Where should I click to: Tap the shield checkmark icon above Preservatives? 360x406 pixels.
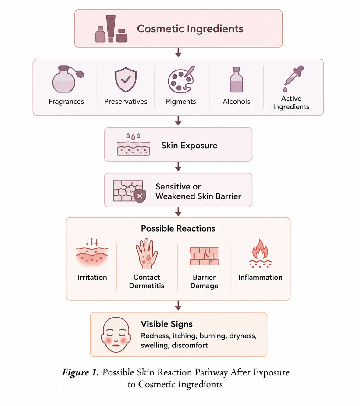126,80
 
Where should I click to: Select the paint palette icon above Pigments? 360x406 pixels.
181,79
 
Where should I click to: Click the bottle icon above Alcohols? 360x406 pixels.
236,80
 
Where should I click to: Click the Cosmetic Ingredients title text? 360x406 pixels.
190,29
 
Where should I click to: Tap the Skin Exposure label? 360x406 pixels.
189,146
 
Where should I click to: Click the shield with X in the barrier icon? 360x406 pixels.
140,196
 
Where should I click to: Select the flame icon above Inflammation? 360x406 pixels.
260,253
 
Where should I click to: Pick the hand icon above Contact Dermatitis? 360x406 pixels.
147,253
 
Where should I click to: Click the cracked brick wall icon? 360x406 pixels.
204,256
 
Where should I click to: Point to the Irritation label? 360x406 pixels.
92,277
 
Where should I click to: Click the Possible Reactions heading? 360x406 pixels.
178,228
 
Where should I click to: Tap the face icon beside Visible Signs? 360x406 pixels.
116,334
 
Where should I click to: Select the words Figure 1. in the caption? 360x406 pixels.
80,372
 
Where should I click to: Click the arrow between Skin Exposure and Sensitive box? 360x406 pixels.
178,166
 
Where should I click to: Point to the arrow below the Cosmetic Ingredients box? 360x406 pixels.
178,52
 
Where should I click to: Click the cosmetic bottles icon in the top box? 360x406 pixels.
111,29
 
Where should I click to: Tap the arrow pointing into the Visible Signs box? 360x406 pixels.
178,305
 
